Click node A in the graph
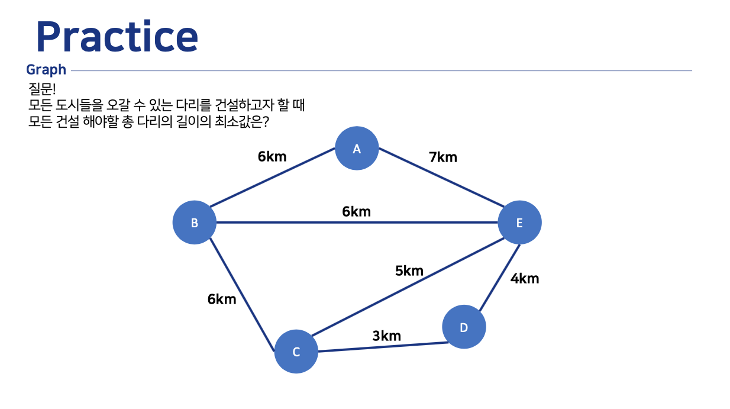coord(357,149)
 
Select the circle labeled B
coord(194,223)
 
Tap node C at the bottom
coord(296,352)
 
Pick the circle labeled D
coord(464,327)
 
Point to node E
coord(519,223)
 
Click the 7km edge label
coord(443,157)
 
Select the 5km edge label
coord(409,271)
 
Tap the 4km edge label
coord(525,278)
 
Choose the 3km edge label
coord(386,336)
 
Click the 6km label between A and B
coord(272,157)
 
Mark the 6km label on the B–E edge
coord(356,211)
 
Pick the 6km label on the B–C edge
coord(222,299)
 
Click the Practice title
coord(117,37)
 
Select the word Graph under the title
coord(46,70)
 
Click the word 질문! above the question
coord(41,89)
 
